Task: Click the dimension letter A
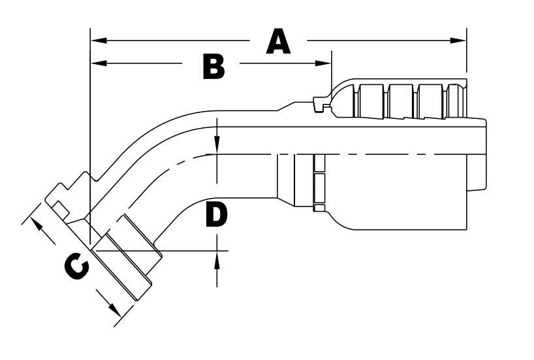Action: pos(278,42)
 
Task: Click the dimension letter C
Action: pos(76,267)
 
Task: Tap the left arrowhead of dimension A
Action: pos(97,41)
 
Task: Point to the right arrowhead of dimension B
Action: pos(325,63)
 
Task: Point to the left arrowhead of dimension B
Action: pos(97,63)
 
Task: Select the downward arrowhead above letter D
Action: pos(217,148)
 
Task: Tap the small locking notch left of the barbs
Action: pos(321,103)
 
